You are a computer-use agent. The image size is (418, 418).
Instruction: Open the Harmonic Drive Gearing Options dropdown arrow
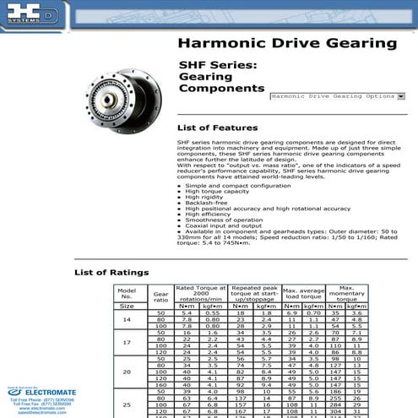(400, 97)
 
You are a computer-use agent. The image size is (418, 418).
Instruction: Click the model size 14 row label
(128, 319)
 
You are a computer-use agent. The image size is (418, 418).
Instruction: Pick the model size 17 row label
(128, 342)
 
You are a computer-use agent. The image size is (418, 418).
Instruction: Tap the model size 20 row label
(128, 371)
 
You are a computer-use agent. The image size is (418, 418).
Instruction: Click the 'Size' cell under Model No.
(128, 306)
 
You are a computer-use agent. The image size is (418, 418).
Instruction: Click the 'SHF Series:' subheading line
(217, 64)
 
